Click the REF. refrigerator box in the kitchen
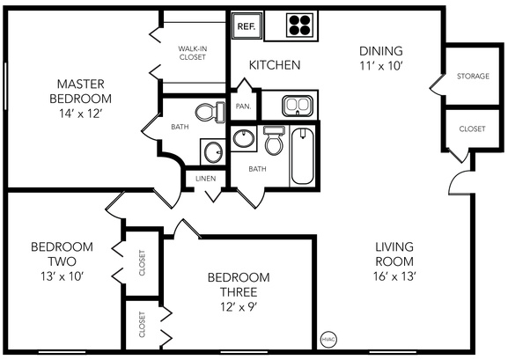[x=245, y=26]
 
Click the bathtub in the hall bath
[x=302, y=157]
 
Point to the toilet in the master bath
[x=208, y=113]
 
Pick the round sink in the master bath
[x=212, y=153]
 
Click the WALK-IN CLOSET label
[x=191, y=53]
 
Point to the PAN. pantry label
[x=244, y=107]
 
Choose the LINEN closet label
[x=205, y=178]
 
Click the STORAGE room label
[x=472, y=77]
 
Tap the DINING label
[x=380, y=50]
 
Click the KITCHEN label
[x=275, y=65]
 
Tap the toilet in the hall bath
[x=273, y=141]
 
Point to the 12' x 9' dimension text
[x=239, y=306]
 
